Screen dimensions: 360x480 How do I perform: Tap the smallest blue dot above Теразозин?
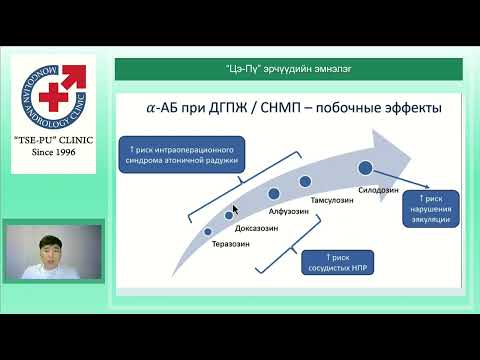208,231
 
